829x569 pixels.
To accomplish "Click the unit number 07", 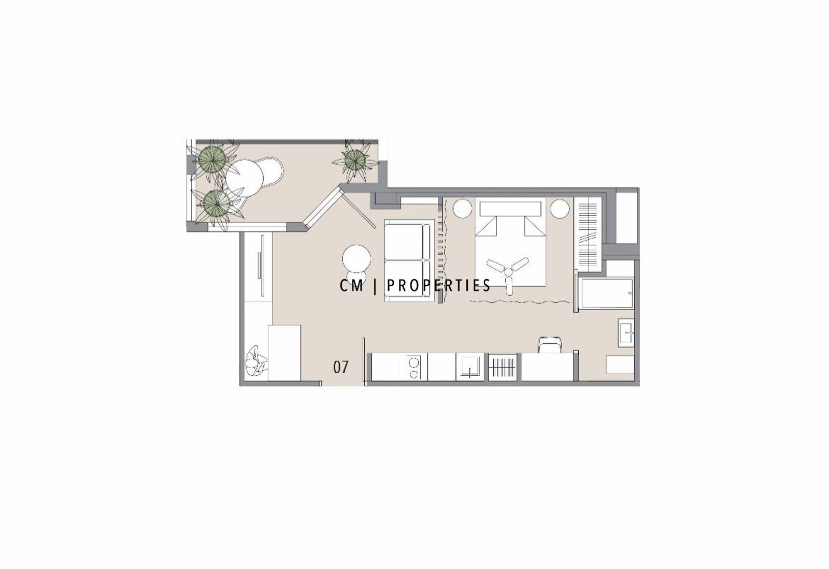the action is click(341, 367).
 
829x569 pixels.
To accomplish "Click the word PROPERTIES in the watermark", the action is click(439, 285).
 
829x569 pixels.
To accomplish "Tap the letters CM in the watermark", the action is click(352, 285).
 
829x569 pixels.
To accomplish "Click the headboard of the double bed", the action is click(510, 209).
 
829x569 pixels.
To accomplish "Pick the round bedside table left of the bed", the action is click(462, 209).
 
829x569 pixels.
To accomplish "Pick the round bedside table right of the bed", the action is click(560, 209).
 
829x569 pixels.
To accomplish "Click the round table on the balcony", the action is click(244, 178).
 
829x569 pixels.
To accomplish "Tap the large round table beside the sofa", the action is click(356, 259).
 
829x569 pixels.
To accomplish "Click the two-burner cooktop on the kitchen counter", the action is click(413, 367).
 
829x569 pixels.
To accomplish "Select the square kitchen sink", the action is click(469, 367).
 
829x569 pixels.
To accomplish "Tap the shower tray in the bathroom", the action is click(607, 293).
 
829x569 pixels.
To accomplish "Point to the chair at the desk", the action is click(549, 344).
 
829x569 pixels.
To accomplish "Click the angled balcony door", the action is click(325, 209).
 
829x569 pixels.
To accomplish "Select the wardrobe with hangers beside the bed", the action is click(588, 237).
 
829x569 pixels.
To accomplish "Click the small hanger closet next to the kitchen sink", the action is click(503, 367).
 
